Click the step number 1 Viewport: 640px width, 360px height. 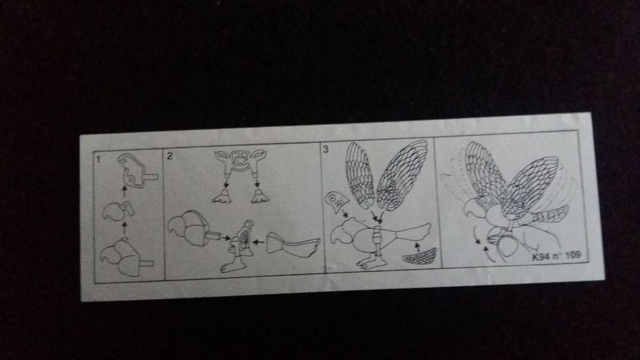click(x=98, y=159)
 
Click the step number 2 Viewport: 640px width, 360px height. click(x=170, y=155)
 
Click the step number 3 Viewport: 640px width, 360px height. click(x=325, y=149)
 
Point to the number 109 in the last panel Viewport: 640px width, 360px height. click(x=573, y=255)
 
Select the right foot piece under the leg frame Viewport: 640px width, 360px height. click(x=260, y=197)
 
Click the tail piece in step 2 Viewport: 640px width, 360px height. click(x=292, y=244)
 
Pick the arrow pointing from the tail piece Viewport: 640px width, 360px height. click(x=258, y=242)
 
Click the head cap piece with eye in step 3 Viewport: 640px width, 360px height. click(x=337, y=202)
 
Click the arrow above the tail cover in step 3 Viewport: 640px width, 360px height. click(x=417, y=246)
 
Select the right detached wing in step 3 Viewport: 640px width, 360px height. click(x=401, y=175)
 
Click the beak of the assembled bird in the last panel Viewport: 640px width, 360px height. click(x=468, y=208)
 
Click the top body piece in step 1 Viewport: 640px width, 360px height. click(x=137, y=171)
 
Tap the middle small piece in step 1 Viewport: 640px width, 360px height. click(x=118, y=210)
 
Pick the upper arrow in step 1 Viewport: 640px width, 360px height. click(x=125, y=191)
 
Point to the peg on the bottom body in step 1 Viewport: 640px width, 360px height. click(x=147, y=264)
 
